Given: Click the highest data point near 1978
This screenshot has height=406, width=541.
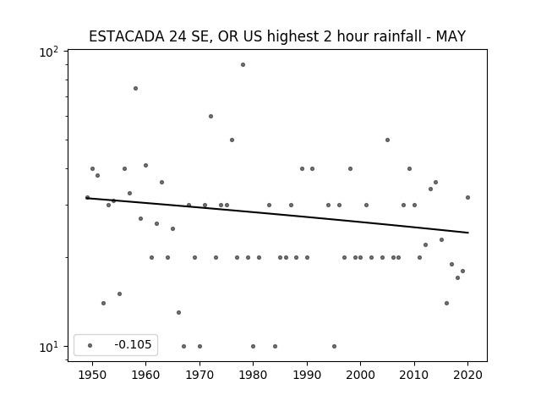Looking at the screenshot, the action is tap(243, 64).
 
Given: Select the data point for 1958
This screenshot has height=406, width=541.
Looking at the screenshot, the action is tap(135, 88).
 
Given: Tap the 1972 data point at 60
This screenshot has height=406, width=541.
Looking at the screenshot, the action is tap(210, 117).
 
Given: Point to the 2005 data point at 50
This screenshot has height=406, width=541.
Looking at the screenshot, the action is tap(387, 140).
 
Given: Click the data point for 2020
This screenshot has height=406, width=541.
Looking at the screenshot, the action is tap(467, 197).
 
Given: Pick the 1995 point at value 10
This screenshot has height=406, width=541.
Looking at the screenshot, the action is tap(334, 346).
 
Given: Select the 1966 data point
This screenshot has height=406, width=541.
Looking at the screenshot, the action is tap(178, 312).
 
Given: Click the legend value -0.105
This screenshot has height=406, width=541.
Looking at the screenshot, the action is tap(133, 344).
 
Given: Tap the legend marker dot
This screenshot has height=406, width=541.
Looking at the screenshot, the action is tap(90, 345).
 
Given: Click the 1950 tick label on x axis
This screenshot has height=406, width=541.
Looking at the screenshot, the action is tap(92, 375).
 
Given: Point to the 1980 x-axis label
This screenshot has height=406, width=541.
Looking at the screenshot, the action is tap(253, 375).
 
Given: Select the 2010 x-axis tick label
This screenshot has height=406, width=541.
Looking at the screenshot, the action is tap(414, 375).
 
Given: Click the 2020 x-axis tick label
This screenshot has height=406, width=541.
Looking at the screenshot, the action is tap(467, 375).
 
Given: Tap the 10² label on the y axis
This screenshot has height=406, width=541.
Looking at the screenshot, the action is tap(49, 52).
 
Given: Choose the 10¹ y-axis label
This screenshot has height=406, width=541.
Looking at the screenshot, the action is tap(49, 348).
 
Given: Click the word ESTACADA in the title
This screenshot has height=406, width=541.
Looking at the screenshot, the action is tap(127, 36).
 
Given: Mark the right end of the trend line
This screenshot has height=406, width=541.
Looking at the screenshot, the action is tap(468, 233).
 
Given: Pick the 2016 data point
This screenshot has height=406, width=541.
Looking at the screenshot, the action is tap(446, 303).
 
